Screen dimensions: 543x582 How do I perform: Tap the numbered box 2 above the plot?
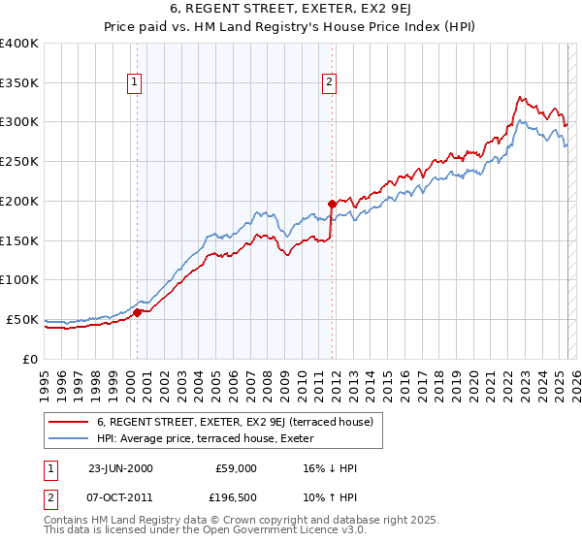[330, 83]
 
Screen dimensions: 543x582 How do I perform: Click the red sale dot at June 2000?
[138, 312]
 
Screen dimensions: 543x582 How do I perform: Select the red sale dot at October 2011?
[332, 204]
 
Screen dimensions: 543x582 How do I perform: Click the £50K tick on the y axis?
[22, 319]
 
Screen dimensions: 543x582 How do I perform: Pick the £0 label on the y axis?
[31, 359]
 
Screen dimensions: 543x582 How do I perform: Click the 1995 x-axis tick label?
[45, 382]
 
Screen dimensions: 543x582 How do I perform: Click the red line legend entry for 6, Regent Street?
[227, 422]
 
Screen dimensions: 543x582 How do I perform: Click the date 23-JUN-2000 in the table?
[120, 468]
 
